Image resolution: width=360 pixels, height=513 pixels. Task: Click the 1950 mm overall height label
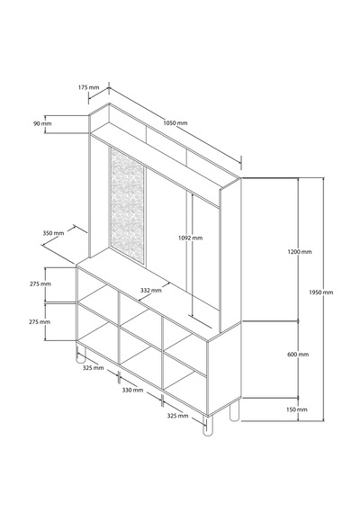(x=320, y=292)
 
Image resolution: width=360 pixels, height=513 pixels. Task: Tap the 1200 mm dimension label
(x=300, y=252)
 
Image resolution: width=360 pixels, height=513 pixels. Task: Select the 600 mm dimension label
(x=298, y=355)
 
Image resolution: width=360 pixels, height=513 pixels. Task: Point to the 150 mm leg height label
(x=297, y=409)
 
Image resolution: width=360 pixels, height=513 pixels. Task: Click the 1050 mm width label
(x=175, y=123)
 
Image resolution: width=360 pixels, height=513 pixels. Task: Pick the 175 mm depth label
(x=88, y=87)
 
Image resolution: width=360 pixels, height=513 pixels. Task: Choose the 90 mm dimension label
(x=42, y=123)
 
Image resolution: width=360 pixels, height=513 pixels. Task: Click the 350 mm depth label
(x=53, y=233)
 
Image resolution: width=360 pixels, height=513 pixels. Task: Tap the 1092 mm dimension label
(x=190, y=238)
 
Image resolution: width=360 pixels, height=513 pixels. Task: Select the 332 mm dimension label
(x=151, y=290)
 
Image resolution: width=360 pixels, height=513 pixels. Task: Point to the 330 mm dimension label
(x=132, y=390)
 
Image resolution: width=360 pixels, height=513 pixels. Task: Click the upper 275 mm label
(x=40, y=283)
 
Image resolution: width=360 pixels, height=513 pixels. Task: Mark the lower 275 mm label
(x=40, y=322)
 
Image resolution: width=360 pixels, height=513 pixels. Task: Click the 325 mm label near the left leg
(x=93, y=368)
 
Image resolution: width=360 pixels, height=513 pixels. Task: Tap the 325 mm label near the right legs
(x=177, y=416)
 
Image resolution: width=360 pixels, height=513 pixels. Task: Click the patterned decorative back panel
(x=127, y=205)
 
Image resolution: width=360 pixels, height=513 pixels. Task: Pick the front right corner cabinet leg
(x=207, y=426)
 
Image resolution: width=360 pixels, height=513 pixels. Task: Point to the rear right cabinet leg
(x=234, y=410)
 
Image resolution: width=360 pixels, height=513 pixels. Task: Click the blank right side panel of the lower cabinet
(x=224, y=368)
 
